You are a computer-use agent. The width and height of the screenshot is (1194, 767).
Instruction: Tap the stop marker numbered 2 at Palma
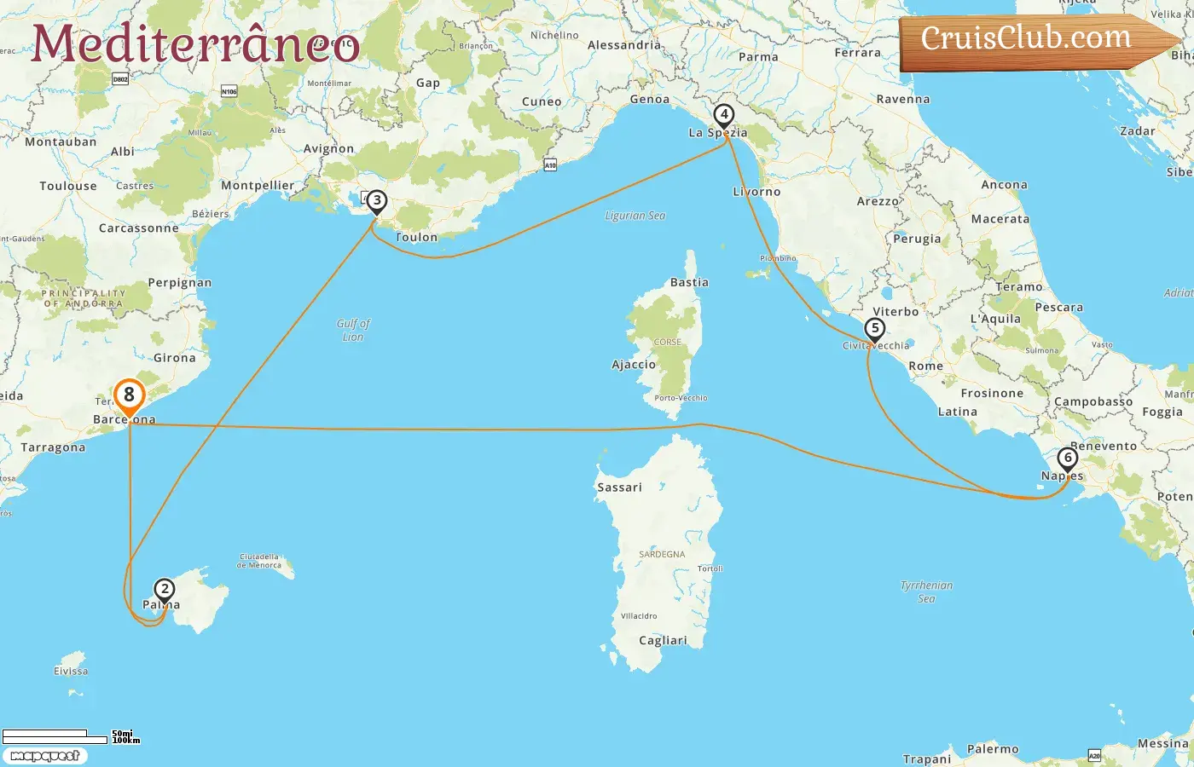[164, 590]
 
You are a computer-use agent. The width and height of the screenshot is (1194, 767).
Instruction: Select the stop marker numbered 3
[376, 202]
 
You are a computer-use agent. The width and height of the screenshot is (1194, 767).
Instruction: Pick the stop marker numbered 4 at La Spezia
[723, 115]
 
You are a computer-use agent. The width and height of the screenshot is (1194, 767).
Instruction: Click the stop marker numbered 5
[874, 329]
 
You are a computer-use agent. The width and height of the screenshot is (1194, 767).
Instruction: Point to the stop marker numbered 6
[1067, 458]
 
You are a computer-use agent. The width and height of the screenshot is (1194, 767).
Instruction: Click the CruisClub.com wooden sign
[1032, 40]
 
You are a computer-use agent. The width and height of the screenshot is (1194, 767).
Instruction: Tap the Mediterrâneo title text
[195, 44]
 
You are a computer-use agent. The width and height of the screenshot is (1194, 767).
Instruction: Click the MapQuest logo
[44, 756]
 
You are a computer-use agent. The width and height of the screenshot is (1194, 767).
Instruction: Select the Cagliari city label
[663, 641]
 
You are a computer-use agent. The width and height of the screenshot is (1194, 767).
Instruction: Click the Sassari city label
[619, 487]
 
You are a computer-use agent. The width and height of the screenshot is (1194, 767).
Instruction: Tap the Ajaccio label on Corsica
[634, 365]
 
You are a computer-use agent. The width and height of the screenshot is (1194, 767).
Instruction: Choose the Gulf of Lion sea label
[353, 330]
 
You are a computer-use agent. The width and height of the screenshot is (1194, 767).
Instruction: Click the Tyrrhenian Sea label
[926, 591]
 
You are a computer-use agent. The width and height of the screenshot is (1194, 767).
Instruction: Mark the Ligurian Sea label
[635, 216]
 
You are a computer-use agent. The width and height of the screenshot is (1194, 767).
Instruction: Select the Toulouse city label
[68, 186]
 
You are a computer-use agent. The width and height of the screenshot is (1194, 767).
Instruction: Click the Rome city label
[925, 366]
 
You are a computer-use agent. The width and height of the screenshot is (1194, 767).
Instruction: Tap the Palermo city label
[993, 749]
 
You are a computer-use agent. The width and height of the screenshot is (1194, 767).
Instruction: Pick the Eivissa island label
[71, 671]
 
